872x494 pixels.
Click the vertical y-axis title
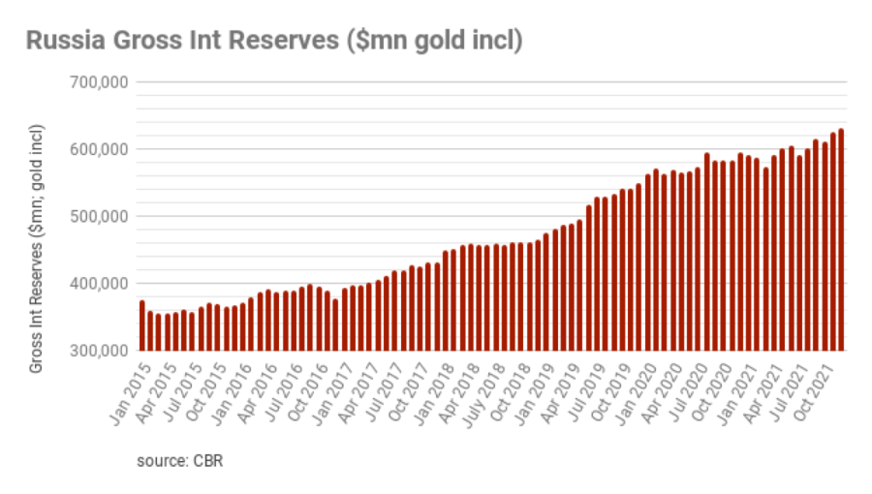(37, 249)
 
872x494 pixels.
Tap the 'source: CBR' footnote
(180, 460)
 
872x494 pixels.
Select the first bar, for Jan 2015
(142, 325)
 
